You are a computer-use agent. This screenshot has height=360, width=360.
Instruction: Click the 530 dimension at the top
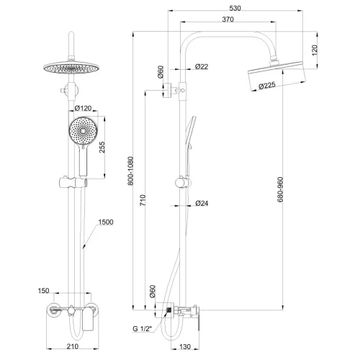pos(235,8)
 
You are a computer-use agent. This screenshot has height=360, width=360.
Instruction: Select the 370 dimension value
pos(228,19)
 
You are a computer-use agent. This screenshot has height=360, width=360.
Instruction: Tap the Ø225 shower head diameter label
pos(267,86)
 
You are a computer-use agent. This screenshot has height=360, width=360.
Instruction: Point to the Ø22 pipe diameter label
pos(202,66)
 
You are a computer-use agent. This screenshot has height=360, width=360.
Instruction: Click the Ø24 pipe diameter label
pos(202,203)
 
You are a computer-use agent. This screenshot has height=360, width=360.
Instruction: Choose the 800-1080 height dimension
pos(130,171)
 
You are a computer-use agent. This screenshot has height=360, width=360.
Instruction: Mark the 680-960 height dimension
pos(280,189)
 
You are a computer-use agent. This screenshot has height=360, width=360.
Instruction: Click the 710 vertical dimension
pos(143,200)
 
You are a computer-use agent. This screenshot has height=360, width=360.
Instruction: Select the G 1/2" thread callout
pos(143,328)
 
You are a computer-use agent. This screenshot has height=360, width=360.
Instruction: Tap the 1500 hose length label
pos(106,222)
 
